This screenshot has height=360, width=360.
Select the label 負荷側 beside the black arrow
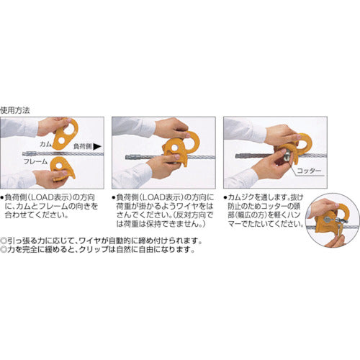click(x=84, y=145)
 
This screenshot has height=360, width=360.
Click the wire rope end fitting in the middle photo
click(x=132, y=158)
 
